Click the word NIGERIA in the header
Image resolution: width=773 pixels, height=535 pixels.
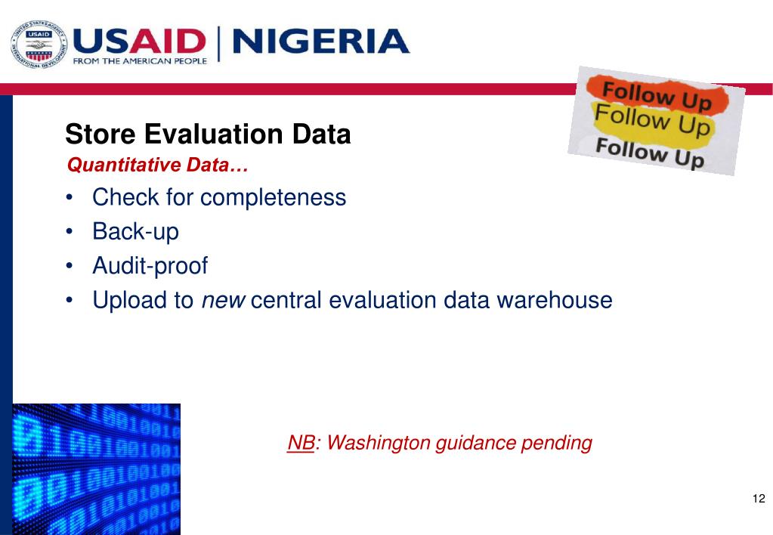coord(321,42)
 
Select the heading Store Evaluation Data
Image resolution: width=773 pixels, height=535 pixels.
coord(208,135)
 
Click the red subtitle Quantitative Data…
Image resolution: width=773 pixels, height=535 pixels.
coord(158,165)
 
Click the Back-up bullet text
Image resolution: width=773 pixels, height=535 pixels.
coord(135,231)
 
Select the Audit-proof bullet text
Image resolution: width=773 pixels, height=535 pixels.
coord(150,266)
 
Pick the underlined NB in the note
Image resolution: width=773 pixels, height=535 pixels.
coord(300,443)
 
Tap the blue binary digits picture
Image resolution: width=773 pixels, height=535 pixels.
coord(97,469)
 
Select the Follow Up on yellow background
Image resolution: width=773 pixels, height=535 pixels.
coord(652,122)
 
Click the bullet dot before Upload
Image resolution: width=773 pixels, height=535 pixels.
coord(70,301)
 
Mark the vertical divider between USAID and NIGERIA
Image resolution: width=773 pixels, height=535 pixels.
coord(219,44)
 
